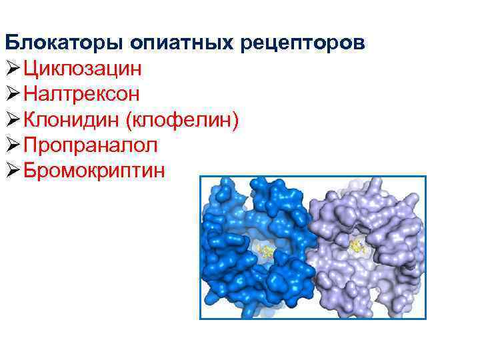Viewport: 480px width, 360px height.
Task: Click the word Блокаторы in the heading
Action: point(64,43)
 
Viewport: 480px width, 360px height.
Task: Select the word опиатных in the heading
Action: point(181,43)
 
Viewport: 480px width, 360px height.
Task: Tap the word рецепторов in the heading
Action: point(303,43)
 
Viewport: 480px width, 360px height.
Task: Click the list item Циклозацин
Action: point(83,69)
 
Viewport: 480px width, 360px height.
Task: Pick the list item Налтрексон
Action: point(81,93)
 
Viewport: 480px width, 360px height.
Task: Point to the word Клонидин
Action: point(71,119)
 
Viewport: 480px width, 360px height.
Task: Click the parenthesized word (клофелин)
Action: point(182,119)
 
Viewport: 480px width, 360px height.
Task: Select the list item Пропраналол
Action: point(91,145)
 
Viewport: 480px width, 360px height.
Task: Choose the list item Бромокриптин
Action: point(94,170)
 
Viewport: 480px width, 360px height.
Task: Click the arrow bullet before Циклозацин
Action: point(13,68)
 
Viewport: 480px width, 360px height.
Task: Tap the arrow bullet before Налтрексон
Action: point(13,93)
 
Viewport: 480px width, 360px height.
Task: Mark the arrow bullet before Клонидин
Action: point(13,119)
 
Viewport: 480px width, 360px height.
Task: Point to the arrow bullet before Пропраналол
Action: point(13,145)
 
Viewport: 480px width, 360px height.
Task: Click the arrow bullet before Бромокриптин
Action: point(13,170)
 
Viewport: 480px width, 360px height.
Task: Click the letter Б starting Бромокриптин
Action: point(30,170)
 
